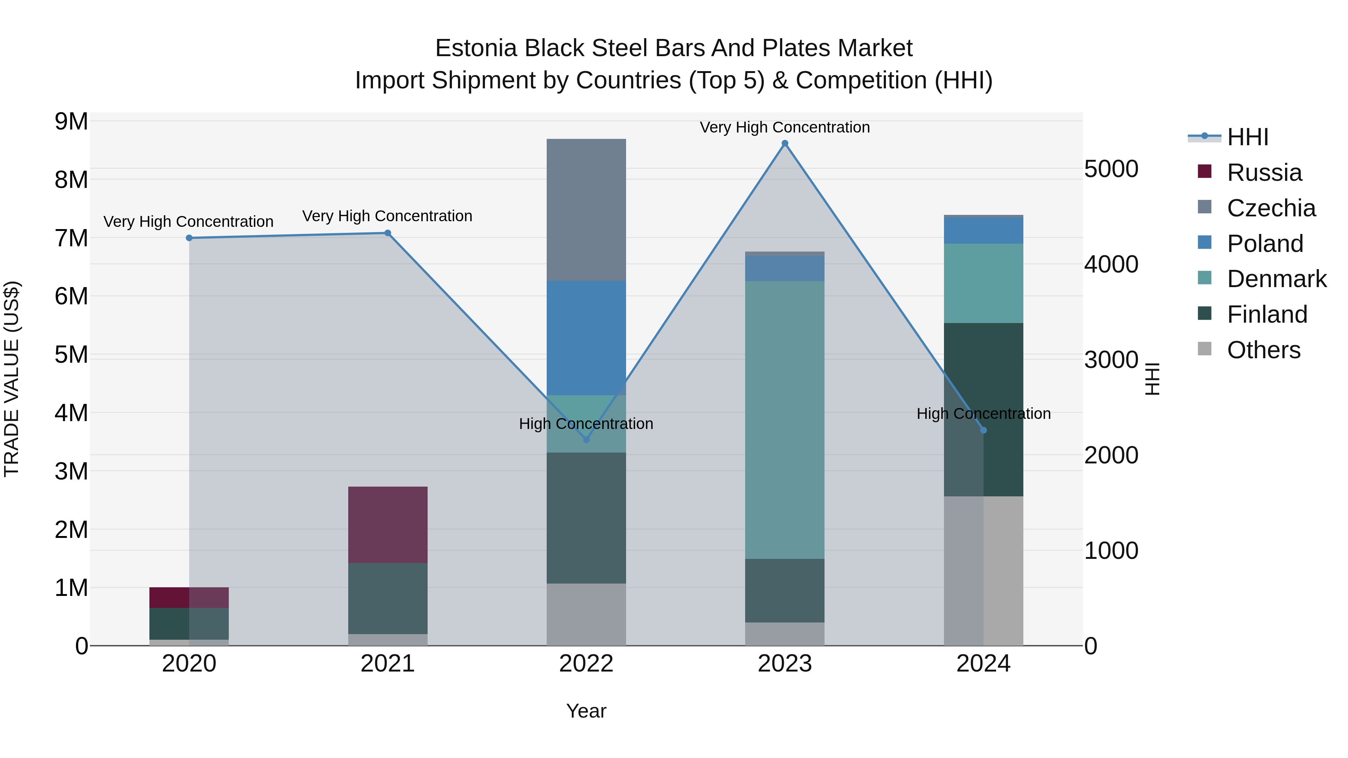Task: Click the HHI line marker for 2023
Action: click(x=784, y=143)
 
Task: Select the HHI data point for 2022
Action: click(x=586, y=440)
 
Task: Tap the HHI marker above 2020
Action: click(x=189, y=238)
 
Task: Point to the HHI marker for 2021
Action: click(x=388, y=233)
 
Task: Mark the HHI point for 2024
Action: click(x=983, y=430)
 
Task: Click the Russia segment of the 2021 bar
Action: click(x=388, y=525)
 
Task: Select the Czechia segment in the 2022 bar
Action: click(x=586, y=209)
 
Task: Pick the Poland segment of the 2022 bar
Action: click(x=586, y=337)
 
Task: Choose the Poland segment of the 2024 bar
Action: click(x=983, y=230)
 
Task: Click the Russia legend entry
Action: click(x=1264, y=173)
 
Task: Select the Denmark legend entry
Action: click(x=1276, y=279)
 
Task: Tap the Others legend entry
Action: click(x=1263, y=350)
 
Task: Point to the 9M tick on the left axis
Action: click(x=71, y=121)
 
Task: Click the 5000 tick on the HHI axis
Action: click(x=1111, y=169)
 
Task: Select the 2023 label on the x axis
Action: click(x=784, y=664)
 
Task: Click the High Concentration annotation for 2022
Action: click(x=586, y=423)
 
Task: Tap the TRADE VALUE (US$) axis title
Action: click(x=12, y=379)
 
